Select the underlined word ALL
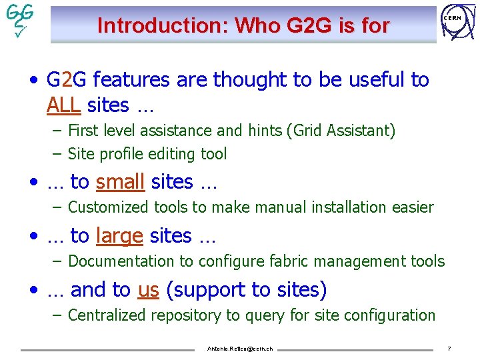coord(64,105)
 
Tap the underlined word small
coord(121,181)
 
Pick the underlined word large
coord(119,235)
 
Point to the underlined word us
coord(148,290)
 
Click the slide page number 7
coord(449,349)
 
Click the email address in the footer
coord(240,349)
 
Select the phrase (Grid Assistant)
coord(341,131)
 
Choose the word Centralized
coord(107,315)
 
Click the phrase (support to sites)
coord(246,290)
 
